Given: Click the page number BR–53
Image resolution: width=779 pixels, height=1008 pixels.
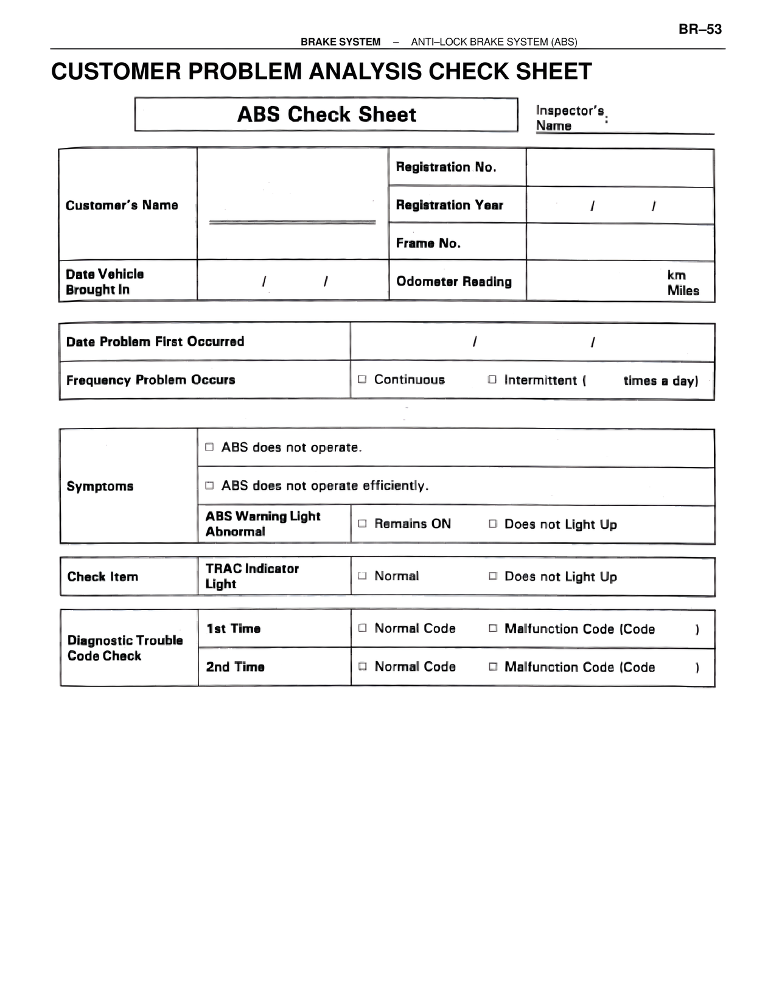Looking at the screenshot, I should (x=700, y=29).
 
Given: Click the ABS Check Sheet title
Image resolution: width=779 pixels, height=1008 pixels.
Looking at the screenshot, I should (x=326, y=114).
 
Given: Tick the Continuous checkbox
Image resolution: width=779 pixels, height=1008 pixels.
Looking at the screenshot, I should (x=362, y=379).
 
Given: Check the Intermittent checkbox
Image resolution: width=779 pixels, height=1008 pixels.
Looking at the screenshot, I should (x=492, y=379).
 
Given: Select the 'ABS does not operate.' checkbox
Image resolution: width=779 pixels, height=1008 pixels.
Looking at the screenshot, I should (x=209, y=447).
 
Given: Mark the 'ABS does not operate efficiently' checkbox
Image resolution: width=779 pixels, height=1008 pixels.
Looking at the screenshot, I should (x=209, y=485).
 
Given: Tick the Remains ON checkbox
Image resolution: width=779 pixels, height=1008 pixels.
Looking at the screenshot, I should (x=362, y=523).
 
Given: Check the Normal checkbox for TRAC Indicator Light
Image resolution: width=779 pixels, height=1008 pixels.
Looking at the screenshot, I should (x=362, y=576).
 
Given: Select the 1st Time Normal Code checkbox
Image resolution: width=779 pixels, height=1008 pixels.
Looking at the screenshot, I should (x=362, y=628).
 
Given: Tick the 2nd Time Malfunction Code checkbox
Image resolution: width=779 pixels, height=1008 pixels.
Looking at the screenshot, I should (x=493, y=667).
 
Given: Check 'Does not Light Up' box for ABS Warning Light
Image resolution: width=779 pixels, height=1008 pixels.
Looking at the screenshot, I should (x=493, y=523).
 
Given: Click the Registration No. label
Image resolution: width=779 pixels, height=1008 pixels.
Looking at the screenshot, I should (x=446, y=167).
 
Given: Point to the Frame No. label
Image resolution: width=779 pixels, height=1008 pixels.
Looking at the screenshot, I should (x=428, y=243).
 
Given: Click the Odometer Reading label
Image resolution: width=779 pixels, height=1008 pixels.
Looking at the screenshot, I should (x=454, y=281).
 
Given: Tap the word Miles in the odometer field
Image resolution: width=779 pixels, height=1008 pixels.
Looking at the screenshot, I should (x=683, y=290).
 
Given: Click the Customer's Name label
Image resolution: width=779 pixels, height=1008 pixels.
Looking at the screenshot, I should (x=122, y=205).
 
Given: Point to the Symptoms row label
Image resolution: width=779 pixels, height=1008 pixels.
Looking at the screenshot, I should (x=100, y=486).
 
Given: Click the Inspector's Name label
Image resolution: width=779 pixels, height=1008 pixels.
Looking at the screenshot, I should (x=570, y=118).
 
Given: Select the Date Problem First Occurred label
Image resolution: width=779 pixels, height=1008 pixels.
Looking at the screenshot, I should (x=155, y=341).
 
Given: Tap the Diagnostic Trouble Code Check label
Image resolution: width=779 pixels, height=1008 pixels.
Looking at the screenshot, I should (x=125, y=648).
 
